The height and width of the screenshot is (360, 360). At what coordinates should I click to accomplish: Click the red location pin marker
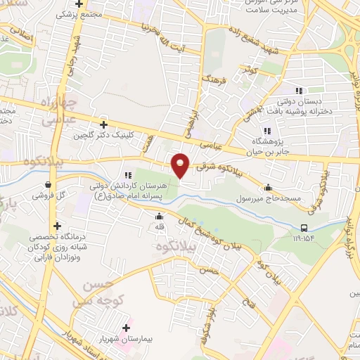pyautogui.click(x=181, y=165)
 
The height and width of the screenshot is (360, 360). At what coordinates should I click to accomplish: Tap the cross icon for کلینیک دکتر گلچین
pyautogui.click(x=104, y=124)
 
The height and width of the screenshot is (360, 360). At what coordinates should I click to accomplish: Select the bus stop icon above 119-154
pyautogui.click(x=304, y=228)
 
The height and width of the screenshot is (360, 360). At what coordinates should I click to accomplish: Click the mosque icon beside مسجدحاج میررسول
pyautogui.click(x=268, y=188)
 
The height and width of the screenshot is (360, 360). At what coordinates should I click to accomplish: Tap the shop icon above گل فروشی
pyautogui.click(x=48, y=184)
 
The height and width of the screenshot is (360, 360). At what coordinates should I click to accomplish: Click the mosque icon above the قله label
pyautogui.click(x=160, y=217)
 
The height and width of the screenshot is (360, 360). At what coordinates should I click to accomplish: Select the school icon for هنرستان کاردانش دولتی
pyautogui.click(x=127, y=175)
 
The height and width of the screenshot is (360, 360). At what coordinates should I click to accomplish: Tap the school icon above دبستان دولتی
pyautogui.click(x=298, y=91)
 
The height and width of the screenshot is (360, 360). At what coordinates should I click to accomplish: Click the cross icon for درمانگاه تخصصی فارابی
pyautogui.click(x=58, y=226)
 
